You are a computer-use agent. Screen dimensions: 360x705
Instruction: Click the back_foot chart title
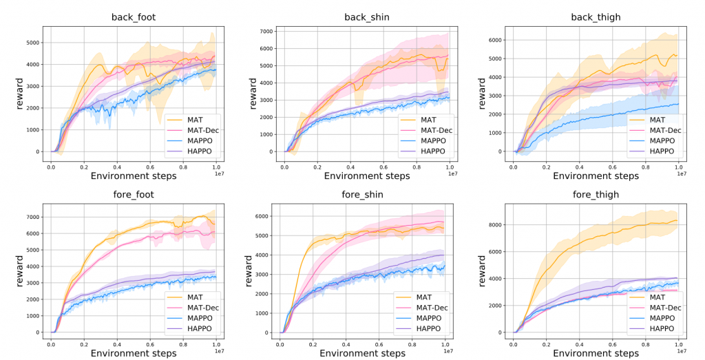pyautogui.click(x=132, y=17)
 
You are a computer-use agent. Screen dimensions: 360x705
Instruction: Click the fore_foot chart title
pyautogui.click(x=132, y=195)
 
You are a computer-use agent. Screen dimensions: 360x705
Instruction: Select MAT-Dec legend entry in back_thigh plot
pyautogui.click(x=664, y=129)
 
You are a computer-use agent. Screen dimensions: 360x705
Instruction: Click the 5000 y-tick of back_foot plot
pyautogui.click(x=32, y=43)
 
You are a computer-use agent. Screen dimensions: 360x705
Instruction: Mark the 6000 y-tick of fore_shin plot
pyautogui.click(x=262, y=216)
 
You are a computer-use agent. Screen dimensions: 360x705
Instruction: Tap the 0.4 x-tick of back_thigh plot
pyautogui.click(x=580, y=167)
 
